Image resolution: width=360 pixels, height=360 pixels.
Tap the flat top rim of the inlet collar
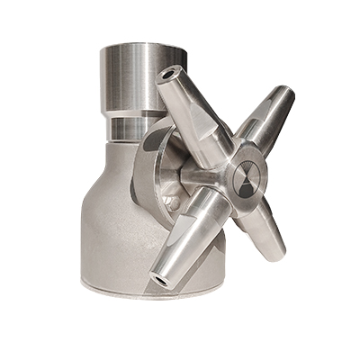135,49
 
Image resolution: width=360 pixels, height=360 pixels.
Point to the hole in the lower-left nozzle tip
161,278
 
